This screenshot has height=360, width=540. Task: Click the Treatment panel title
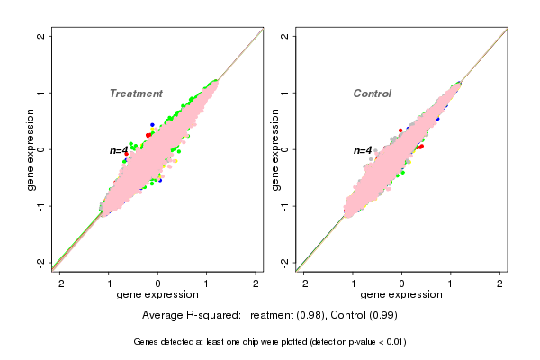coord(136,94)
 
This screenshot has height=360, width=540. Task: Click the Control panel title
coord(372,94)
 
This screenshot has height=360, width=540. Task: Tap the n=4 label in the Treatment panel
coord(119,150)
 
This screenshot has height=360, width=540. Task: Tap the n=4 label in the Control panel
coord(363,150)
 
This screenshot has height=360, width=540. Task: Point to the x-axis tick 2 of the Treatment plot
coord(256,283)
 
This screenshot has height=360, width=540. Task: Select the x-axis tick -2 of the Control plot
coord(304,283)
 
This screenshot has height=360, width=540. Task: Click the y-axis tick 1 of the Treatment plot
coord(41,93)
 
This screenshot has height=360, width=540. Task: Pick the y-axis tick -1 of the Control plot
coord(285,205)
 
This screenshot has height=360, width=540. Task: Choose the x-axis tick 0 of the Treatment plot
coord(158,283)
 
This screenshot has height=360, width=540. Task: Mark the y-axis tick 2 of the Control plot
coord(285,36)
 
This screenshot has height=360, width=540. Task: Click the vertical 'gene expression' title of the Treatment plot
coord(31,149)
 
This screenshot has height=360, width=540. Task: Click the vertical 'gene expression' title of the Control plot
coord(274,149)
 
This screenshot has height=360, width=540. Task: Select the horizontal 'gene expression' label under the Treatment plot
coord(157,295)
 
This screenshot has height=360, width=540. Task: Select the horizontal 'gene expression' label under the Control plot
coord(401,295)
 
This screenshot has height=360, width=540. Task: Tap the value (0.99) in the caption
coord(382,315)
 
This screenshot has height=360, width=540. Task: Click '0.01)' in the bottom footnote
coord(392,342)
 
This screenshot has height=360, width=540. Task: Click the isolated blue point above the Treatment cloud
coord(152,124)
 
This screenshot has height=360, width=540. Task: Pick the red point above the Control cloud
coord(400,130)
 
